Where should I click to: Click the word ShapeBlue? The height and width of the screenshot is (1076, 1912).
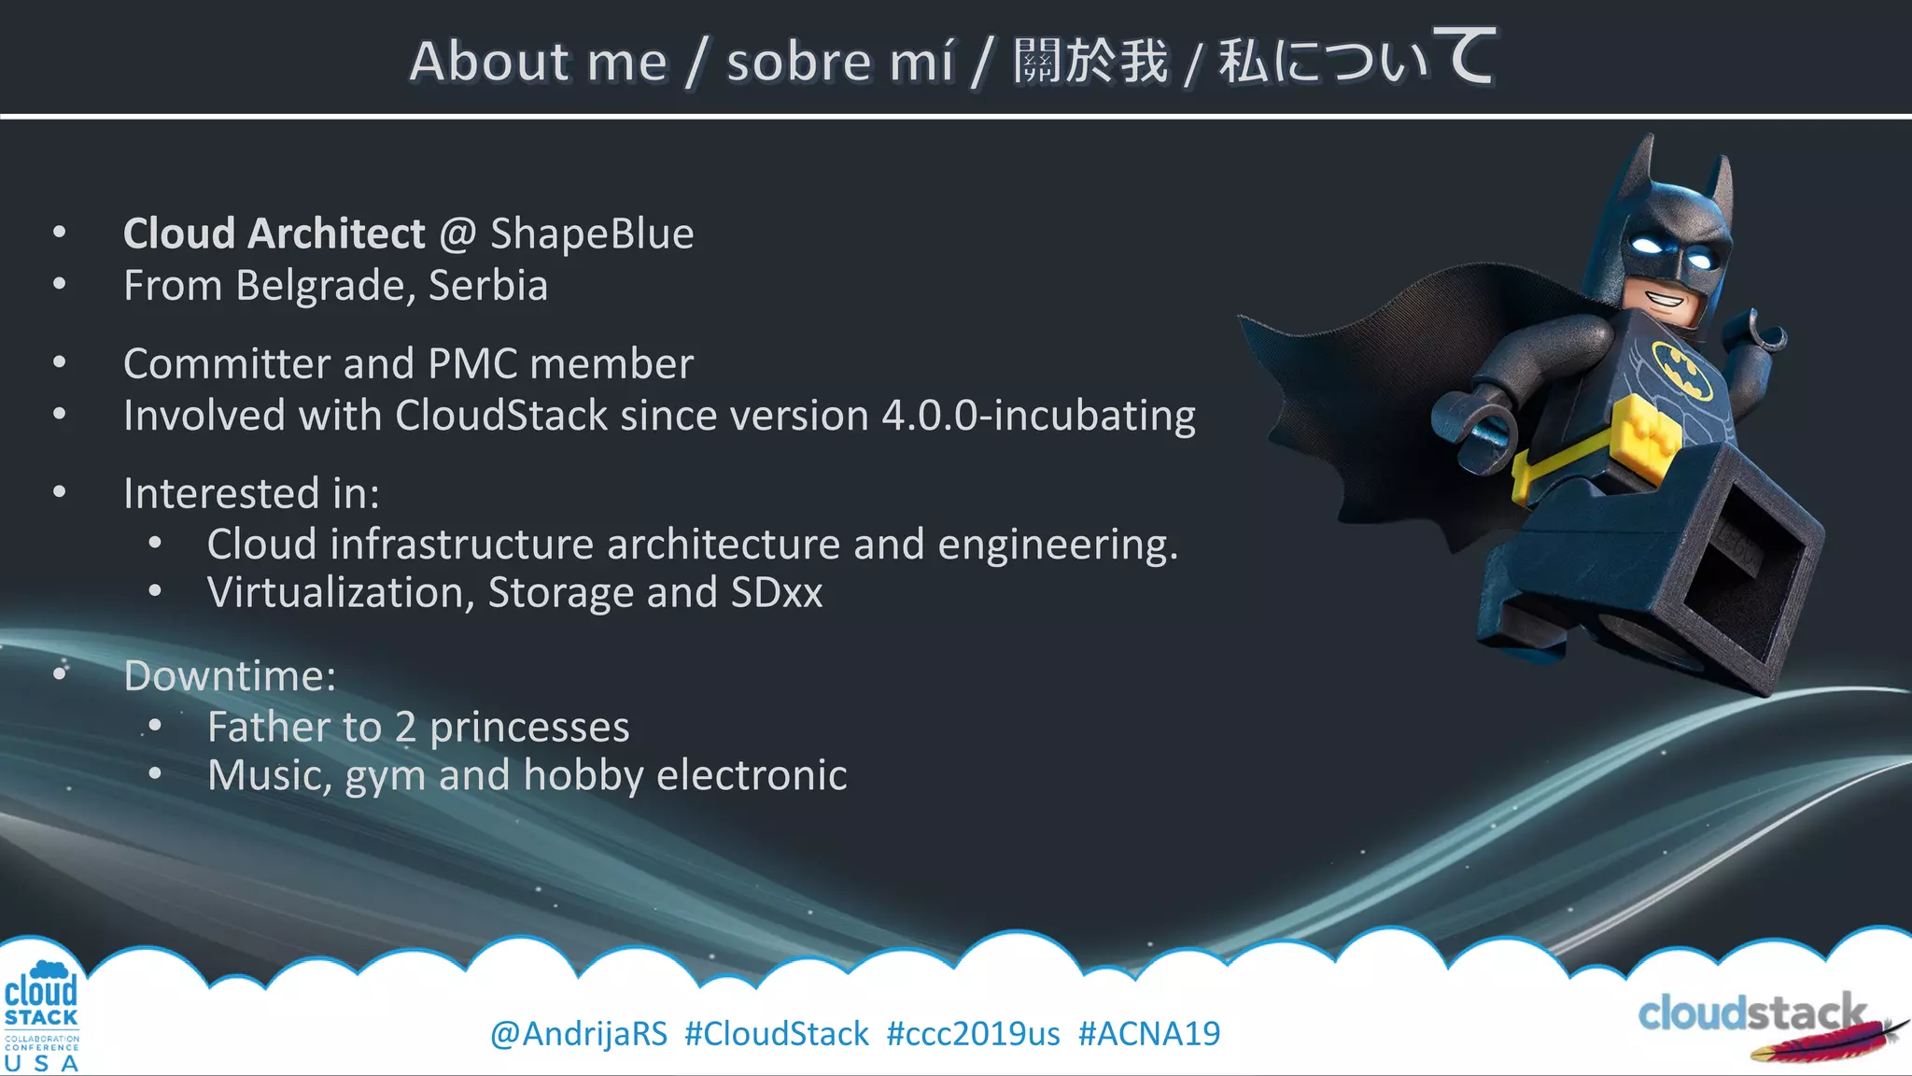[592, 234]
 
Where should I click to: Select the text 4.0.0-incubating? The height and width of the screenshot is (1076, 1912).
[1038, 416]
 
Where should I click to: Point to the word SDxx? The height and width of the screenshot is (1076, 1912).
[777, 592]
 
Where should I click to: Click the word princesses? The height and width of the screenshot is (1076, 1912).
[529, 727]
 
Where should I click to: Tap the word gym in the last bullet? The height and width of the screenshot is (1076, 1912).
[385, 776]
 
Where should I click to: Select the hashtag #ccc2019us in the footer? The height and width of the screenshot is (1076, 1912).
[973, 1034]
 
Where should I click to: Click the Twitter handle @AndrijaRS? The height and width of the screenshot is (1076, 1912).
[579, 1034]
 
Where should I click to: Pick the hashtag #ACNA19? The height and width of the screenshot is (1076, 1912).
[1148, 1034]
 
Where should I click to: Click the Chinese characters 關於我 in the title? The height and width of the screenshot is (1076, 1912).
[1090, 62]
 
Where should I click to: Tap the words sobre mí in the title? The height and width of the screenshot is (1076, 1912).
[840, 62]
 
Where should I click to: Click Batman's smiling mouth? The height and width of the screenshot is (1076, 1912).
[1665, 300]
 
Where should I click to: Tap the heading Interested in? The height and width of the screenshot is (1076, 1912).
[251, 493]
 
